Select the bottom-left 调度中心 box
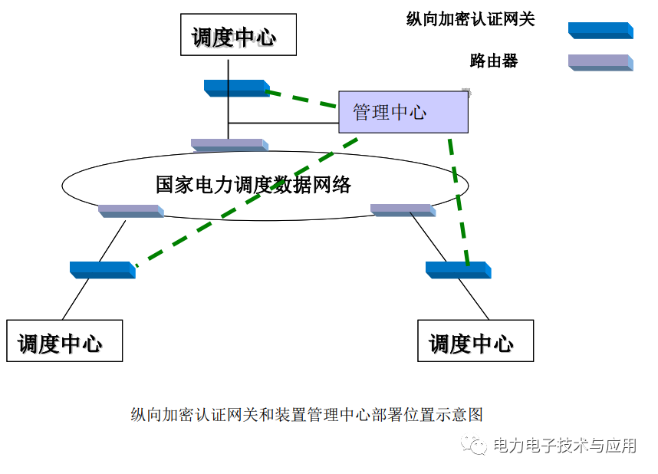click(64, 341)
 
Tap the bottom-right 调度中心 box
click(475, 341)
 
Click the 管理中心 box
click(403, 112)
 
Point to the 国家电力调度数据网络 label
click(253, 185)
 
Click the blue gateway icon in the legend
click(600, 31)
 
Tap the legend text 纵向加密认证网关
click(470, 20)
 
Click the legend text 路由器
click(494, 61)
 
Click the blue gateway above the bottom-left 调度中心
click(102, 269)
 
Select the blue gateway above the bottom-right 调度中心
click(458, 269)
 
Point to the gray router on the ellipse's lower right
click(403, 209)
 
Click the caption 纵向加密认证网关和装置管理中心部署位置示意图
click(307, 415)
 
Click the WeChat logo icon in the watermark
click(473, 445)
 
